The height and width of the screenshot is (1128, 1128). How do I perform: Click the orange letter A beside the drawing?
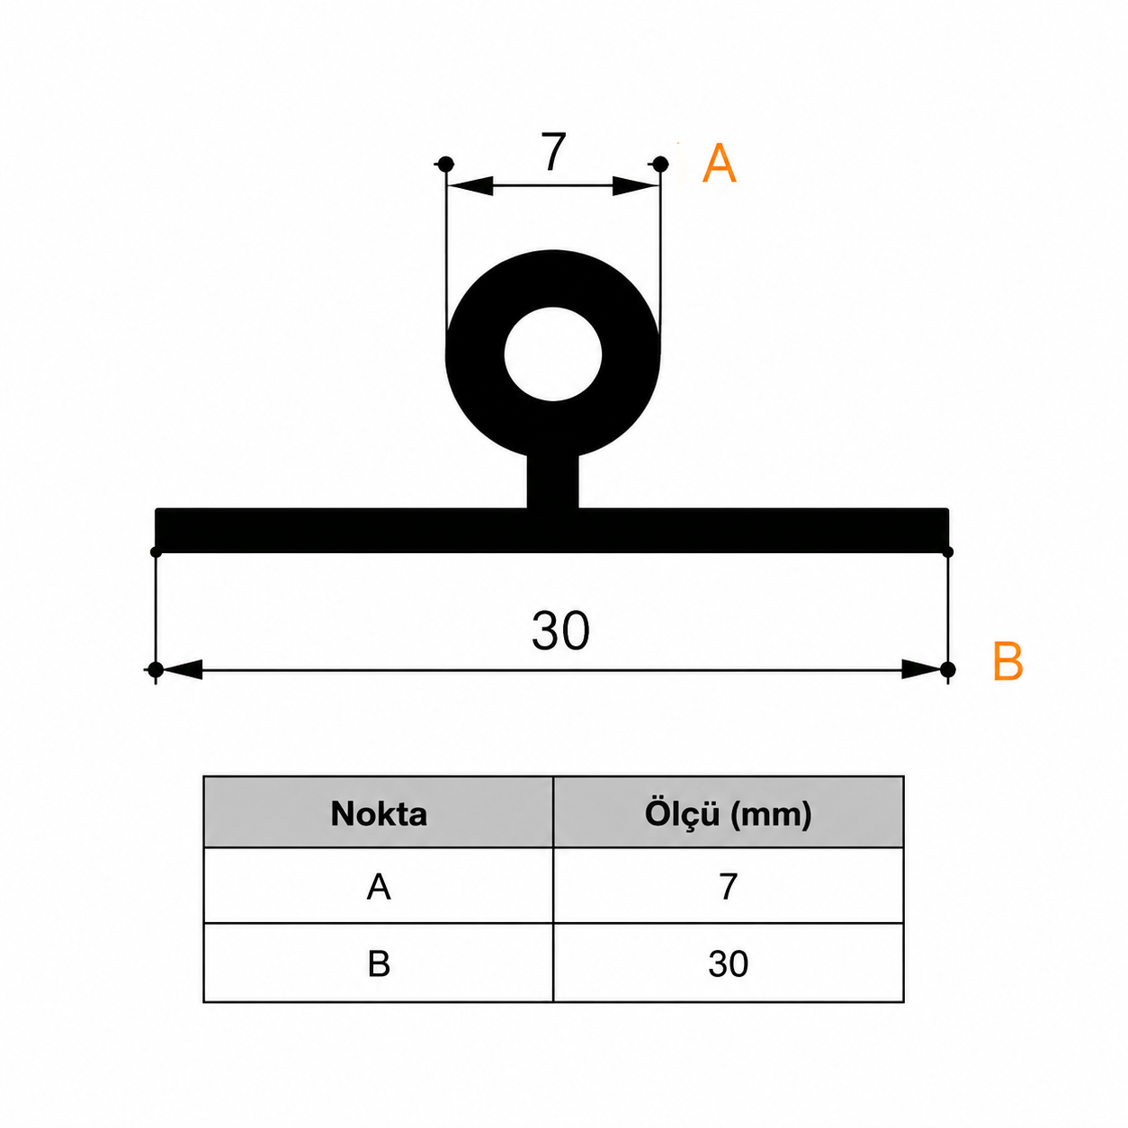(718, 164)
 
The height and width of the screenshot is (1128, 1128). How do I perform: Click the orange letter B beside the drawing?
(1008, 661)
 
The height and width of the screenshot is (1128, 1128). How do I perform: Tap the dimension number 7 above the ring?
(553, 152)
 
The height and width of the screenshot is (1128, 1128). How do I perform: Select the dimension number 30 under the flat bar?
(560, 631)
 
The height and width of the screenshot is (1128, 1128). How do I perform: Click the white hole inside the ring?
(552, 354)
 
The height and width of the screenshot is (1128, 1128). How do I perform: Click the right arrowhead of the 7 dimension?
(636, 186)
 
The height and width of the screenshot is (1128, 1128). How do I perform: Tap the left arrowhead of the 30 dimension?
(180, 669)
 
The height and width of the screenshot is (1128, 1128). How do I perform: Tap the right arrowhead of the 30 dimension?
(924, 669)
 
